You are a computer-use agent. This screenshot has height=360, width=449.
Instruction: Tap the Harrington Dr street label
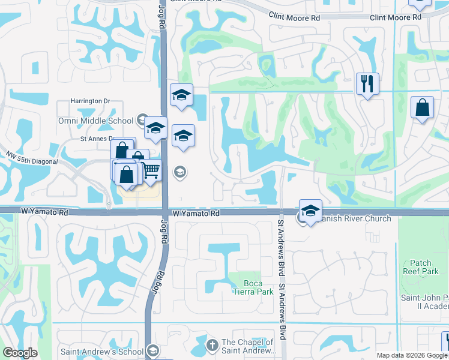[91, 101]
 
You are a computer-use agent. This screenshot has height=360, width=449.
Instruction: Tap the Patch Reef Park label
[421, 267]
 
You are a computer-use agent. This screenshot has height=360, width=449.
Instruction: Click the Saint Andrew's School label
[101, 352]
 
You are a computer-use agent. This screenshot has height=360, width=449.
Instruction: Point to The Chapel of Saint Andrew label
[248, 347]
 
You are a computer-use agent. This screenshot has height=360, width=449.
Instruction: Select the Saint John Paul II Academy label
[424, 302]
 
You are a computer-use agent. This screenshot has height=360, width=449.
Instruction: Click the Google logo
[20, 353]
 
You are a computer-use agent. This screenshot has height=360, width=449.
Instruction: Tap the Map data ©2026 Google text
[412, 355]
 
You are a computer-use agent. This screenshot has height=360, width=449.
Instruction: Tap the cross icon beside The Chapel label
[211, 345]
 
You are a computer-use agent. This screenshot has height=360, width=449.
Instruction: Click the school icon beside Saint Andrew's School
[152, 351]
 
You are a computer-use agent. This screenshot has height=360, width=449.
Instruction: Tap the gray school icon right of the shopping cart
[179, 173]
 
